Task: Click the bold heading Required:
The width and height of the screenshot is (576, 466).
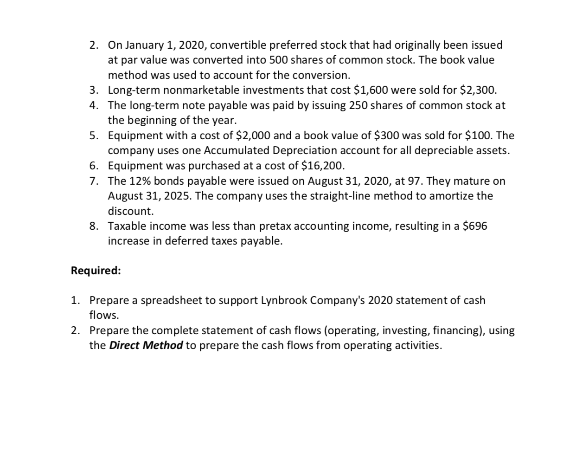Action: (96, 271)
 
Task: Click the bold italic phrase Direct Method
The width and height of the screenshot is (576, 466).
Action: (146, 346)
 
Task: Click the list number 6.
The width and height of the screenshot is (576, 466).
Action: (94, 166)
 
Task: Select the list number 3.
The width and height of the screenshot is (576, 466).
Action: (94, 90)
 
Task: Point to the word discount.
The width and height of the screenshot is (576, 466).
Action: (130, 211)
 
